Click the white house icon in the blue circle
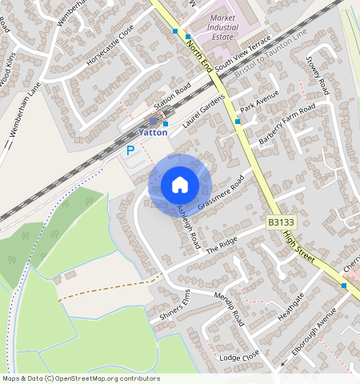pos(179,185)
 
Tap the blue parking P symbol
pos(130,150)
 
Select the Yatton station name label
pos(153,133)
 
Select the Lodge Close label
pos(239,356)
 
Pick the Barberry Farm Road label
pos(287,125)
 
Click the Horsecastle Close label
pos(110,50)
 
